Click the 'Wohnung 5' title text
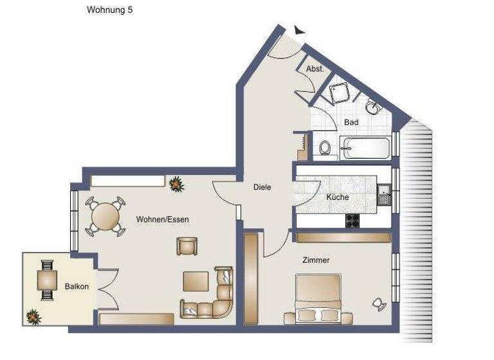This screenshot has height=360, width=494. [x=110, y=10]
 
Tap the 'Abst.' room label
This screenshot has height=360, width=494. [x=315, y=69]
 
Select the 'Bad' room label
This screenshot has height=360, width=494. [x=351, y=122]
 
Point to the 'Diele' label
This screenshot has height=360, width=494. [x=262, y=188]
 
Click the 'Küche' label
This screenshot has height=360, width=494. [x=338, y=197]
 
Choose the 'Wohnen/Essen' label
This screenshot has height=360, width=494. [x=162, y=219]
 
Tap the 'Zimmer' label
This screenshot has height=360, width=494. [x=316, y=260]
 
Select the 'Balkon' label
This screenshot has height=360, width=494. [x=77, y=287]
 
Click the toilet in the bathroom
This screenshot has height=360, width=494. [x=326, y=148]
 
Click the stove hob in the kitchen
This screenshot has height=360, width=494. [x=353, y=220]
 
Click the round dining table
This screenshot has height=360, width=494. [x=104, y=217]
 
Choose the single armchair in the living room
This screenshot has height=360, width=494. [x=187, y=246]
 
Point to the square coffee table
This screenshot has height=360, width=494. [x=196, y=282]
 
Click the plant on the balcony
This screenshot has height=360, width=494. [x=32, y=316]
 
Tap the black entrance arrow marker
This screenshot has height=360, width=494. [x=298, y=30]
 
